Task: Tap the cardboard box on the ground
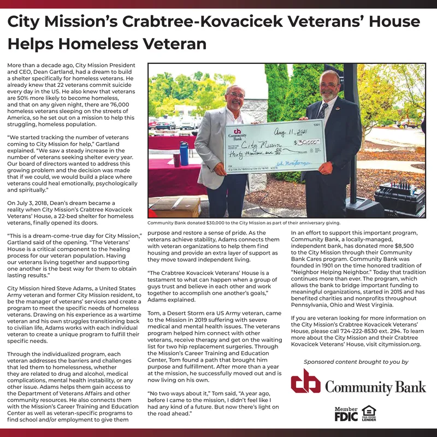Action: click(175, 207)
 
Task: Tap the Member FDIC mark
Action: click(346, 414)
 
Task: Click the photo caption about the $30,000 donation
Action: click(244, 223)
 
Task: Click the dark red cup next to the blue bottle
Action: click(176, 160)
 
